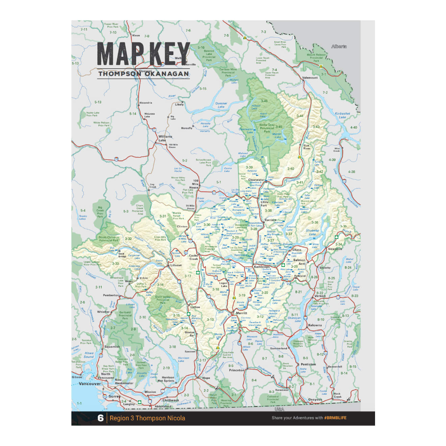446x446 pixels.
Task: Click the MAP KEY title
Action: (143, 54)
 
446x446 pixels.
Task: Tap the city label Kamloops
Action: (262, 267)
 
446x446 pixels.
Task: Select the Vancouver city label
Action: (90, 384)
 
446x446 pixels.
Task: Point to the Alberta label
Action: (339, 47)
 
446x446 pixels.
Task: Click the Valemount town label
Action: (310, 78)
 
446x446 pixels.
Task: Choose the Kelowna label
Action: (315, 325)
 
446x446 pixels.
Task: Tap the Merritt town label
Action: (242, 313)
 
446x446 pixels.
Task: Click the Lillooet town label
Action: (176, 265)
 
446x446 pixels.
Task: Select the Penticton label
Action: (308, 364)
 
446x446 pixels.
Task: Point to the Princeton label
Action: (237, 370)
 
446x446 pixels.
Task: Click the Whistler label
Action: (103, 312)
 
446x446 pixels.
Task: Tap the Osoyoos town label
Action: (315, 400)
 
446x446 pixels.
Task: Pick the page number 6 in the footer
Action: (100, 418)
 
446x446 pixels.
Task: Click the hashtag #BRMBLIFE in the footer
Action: (335, 418)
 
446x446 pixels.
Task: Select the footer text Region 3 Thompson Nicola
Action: (147, 418)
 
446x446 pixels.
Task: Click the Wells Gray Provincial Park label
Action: (267, 128)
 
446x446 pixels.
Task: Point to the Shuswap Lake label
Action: (313, 232)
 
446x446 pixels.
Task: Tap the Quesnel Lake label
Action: (221, 105)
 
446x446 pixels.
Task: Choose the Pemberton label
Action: (111, 295)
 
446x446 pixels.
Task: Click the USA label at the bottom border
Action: (279, 409)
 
